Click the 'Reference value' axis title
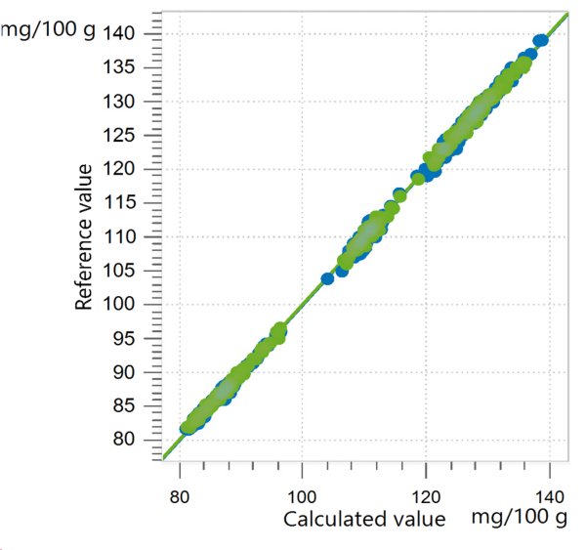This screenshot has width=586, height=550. [x=85, y=237]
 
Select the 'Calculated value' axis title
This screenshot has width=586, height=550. [x=364, y=519]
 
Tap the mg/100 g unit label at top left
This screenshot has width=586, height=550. [x=49, y=28]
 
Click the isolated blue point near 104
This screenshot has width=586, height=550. [x=328, y=278]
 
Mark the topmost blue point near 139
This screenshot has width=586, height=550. [x=541, y=40]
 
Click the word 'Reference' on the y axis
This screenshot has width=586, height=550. [x=85, y=268]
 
